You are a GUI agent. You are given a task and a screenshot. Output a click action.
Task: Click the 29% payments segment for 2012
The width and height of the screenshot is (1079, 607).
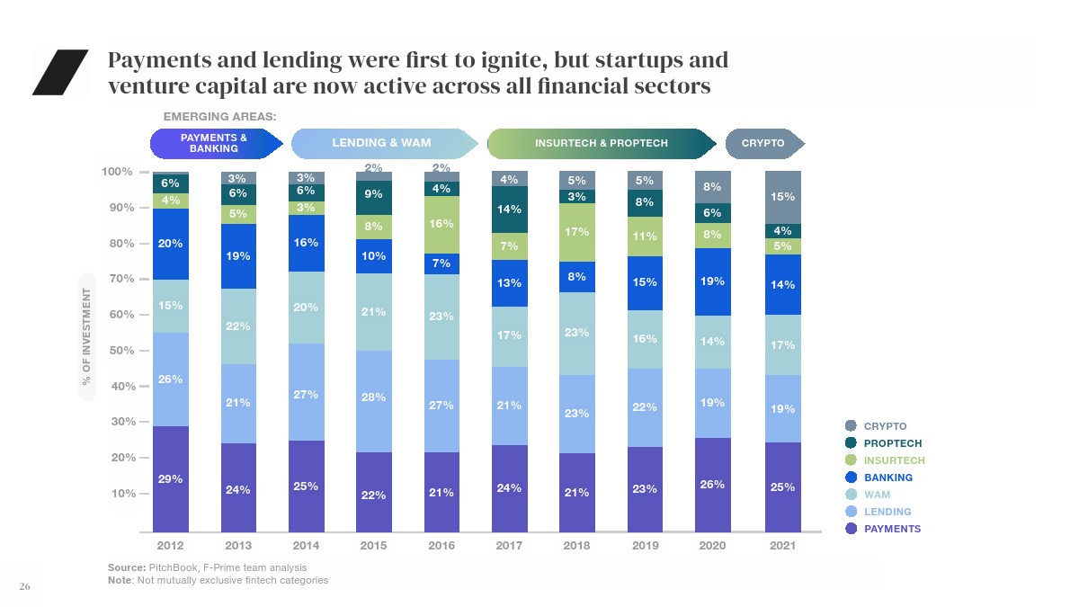point(170,479)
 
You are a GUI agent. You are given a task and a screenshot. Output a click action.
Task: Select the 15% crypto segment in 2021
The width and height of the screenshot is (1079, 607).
point(783,197)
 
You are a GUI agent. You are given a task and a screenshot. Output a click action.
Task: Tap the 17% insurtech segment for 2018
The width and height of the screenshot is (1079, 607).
point(577,232)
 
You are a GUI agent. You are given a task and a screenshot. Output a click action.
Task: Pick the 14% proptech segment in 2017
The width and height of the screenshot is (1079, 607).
point(509,210)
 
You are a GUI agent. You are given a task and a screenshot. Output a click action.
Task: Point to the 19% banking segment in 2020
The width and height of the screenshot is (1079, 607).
point(712,281)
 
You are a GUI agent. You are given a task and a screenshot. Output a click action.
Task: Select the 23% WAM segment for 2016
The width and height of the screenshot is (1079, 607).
point(441,317)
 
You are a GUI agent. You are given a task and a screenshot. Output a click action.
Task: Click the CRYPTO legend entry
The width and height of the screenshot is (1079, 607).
point(885,426)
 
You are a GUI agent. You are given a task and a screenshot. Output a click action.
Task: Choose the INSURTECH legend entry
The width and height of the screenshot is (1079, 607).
point(893,460)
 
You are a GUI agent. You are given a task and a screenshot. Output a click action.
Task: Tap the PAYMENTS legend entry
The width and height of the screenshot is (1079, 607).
point(891,529)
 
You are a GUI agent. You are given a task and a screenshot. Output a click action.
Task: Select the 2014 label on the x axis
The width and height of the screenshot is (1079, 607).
point(306,546)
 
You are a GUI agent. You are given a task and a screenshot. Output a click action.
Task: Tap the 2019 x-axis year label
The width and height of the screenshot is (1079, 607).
point(645,546)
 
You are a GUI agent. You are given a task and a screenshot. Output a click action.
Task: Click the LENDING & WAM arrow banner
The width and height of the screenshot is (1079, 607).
point(382,143)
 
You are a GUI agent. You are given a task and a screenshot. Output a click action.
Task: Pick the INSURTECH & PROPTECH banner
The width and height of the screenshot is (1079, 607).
point(601,143)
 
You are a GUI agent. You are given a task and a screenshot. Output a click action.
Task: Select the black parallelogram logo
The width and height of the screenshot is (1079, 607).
point(59,72)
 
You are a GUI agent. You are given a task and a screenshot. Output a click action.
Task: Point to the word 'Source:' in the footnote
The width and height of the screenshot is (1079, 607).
point(126,567)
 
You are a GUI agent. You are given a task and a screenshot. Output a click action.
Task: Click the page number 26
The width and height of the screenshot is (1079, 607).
point(25,587)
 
